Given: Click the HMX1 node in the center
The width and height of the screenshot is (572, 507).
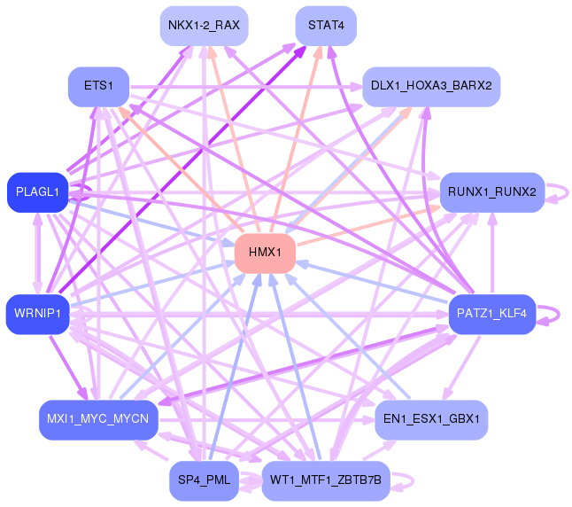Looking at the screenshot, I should [x=264, y=253].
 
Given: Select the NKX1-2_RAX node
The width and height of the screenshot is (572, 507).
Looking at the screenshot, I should [x=203, y=25].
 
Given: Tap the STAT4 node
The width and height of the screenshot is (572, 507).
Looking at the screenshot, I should [x=326, y=25].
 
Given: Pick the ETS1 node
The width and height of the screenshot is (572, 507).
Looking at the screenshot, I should [x=98, y=86].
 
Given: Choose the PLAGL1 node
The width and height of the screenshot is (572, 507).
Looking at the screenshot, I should [x=37, y=192].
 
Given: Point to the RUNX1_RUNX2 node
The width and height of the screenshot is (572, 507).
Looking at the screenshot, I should [x=491, y=191].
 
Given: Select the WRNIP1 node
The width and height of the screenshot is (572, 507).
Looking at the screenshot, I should [x=37, y=314].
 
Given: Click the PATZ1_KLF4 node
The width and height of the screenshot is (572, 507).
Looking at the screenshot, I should [x=491, y=314].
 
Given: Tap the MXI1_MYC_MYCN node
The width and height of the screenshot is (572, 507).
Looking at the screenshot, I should [x=98, y=418].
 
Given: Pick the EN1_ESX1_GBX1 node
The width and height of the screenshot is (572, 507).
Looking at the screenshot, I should [x=431, y=418].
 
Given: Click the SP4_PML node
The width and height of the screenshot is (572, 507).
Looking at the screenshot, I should [x=204, y=480].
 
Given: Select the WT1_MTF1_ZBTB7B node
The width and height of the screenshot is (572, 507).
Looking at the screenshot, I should [x=326, y=480].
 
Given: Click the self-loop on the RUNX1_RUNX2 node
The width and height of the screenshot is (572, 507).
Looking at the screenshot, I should [x=558, y=192].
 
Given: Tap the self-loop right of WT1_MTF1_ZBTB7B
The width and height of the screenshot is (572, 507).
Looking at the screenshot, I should [x=404, y=480].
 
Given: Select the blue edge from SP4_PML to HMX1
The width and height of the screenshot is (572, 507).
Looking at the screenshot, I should [x=232, y=372].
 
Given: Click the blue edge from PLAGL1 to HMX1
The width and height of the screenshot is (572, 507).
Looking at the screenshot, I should [x=151, y=222].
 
